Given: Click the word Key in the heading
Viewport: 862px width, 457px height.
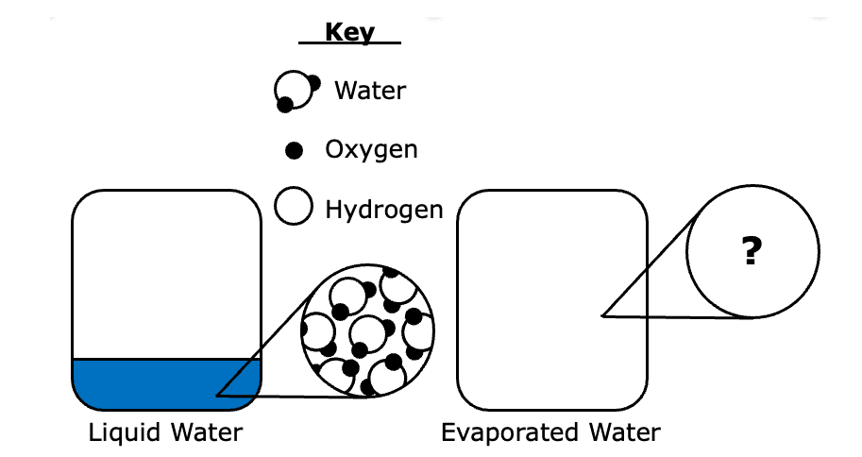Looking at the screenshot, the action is [x=349, y=32].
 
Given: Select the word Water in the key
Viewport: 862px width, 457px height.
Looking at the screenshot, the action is [x=370, y=91].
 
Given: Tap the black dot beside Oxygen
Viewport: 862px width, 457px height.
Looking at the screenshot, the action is [x=295, y=150].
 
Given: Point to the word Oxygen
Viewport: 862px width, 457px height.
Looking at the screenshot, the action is [x=371, y=150].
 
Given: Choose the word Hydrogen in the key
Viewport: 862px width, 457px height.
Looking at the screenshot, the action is [x=383, y=210].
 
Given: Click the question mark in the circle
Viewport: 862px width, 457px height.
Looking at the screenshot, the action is [x=752, y=251].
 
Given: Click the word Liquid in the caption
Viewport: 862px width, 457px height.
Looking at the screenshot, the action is [x=125, y=432].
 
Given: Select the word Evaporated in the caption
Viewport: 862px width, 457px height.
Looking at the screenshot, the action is [x=510, y=432].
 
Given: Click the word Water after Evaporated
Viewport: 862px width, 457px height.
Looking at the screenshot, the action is [x=625, y=432].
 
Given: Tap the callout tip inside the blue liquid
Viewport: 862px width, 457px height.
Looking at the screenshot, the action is [x=216, y=395].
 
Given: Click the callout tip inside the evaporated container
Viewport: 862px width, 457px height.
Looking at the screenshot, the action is [x=602, y=315].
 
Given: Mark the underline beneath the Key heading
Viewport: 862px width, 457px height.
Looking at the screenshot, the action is [x=349, y=42].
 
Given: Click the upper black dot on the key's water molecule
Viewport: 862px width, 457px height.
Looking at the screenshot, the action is [x=313, y=83].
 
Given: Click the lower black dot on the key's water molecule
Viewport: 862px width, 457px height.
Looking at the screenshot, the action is [x=285, y=105].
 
